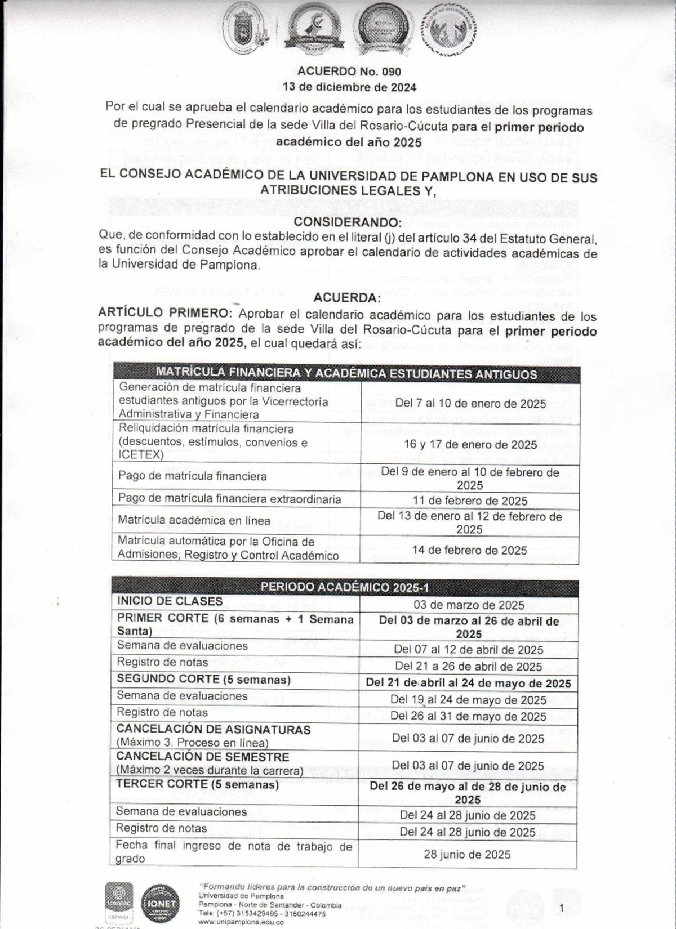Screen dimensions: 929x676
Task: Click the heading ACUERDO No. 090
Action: [349, 72]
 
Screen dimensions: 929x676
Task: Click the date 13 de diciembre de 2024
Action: [349, 87]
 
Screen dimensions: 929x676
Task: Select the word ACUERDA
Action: [347, 297]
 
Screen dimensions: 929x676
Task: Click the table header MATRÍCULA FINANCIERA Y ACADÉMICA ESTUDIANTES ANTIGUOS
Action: [346, 374]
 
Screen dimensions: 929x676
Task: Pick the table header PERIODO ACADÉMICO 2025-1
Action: [345, 587]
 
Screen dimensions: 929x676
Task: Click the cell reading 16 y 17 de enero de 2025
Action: [470, 444]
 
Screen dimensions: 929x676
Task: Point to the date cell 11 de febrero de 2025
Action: [470, 501]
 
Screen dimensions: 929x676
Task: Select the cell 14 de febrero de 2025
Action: [470, 550]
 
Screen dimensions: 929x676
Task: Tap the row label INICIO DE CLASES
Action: [170, 601]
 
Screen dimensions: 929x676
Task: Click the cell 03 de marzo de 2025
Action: [469, 605]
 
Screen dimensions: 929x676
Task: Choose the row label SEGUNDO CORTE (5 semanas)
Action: [203, 679]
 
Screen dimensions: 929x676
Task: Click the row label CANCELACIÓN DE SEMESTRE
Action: [202, 757]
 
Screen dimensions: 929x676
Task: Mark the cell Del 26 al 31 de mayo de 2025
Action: [468, 716]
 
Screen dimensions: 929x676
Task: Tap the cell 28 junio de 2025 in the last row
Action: [467, 854]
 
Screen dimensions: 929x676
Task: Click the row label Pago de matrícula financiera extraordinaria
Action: [229, 499]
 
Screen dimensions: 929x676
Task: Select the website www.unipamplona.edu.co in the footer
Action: [241, 922]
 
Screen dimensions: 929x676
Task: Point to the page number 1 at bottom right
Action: [562, 907]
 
